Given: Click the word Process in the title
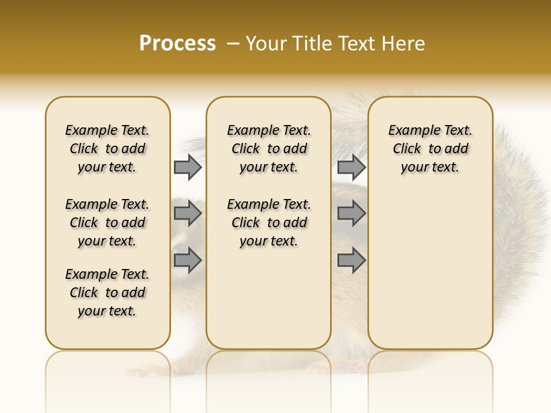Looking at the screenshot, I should pos(177,44).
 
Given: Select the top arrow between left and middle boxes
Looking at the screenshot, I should pos(188,167).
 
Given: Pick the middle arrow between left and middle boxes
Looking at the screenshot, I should pos(188,213).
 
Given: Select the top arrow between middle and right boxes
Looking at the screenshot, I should pos(351,167).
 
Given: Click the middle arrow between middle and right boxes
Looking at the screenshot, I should pos(351,213).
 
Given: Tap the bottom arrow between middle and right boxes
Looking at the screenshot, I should pos(351,260).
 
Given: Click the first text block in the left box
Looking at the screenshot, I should pos(107,149).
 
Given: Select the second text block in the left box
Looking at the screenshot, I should pos(107,223).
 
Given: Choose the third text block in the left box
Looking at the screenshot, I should pos(107,293).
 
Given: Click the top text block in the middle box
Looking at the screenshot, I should pos(269,149).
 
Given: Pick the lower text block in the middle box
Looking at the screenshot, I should pos(269,223).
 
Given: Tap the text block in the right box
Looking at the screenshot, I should pos(430,149).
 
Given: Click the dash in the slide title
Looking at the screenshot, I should pos(232,44).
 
